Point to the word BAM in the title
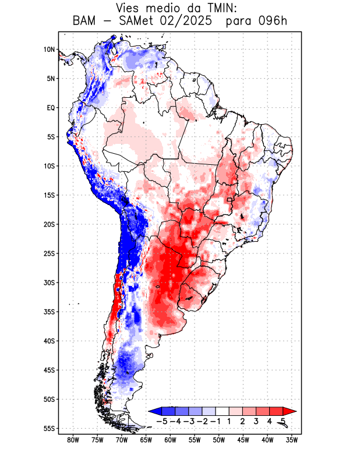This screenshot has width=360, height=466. click(86, 22)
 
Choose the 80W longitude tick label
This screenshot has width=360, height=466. click(73, 440)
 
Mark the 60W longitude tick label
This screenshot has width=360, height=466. click(171, 440)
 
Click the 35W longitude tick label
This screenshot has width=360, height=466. click(292, 440)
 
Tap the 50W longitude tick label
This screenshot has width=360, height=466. click(219, 440)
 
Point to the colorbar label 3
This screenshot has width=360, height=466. click(256, 421)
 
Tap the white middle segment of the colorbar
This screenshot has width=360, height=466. click(222, 411)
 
